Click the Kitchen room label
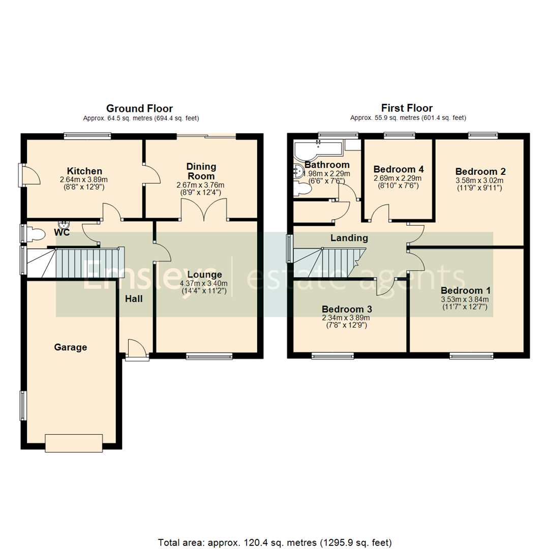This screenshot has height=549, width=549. tap(84, 171)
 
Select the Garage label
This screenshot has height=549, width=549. tap(71, 348)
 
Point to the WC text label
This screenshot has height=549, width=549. tap(63, 232)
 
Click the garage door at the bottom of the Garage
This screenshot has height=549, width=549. tap(74, 442)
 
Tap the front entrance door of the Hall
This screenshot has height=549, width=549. tap(137, 351)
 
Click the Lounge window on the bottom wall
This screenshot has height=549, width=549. tap(209, 356)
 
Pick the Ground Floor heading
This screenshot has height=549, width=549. tap(139, 108)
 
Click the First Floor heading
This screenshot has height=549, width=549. tap(407, 108)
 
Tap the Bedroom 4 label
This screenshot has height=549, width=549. tap(399, 169)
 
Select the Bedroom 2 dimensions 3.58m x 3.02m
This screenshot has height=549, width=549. tap(480, 180)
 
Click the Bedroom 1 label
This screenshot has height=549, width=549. tap(466, 291)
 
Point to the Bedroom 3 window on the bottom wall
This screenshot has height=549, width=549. tap(332, 356)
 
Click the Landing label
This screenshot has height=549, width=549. tap(349, 238)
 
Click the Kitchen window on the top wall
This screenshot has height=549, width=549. tap(87, 135)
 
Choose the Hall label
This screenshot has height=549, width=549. tap(134, 299)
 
